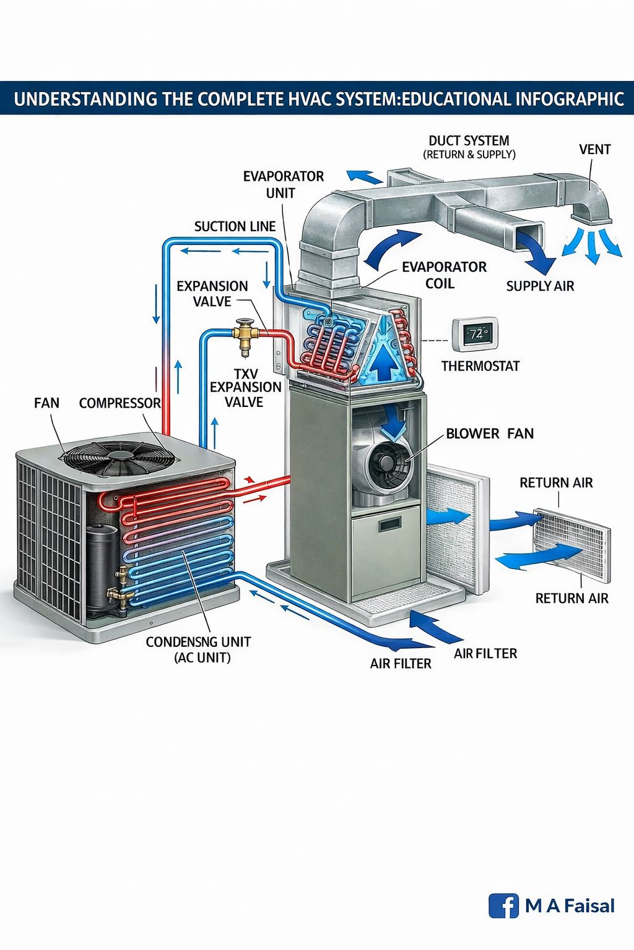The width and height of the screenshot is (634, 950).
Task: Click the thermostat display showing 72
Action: [475, 334]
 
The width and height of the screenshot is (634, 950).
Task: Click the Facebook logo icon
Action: [503, 905]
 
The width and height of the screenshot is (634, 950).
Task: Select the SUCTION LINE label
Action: [235, 226]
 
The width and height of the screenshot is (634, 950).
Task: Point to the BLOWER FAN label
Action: [490, 434]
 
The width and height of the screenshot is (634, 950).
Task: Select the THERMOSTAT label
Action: [480, 366]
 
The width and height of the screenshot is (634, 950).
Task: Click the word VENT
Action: [594, 149]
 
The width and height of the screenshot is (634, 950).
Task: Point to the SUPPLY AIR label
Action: [540, 286]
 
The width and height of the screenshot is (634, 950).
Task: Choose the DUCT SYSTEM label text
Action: [469, 141]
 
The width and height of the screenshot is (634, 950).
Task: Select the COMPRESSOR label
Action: [119, 403]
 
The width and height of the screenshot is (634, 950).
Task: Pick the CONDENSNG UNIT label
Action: [198, 641]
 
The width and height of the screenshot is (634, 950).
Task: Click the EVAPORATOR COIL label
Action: [444, 275]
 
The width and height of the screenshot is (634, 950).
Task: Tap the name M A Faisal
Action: [570, 906]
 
